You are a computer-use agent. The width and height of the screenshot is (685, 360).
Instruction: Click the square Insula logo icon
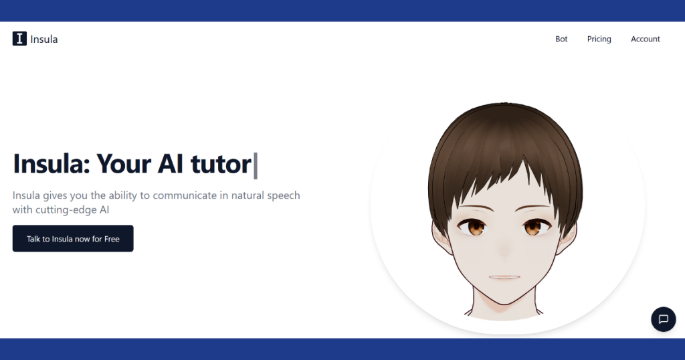[x=19, y=39]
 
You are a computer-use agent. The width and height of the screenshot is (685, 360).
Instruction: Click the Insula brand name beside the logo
[x=44, y=39]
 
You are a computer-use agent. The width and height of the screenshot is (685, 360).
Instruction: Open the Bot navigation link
[x=561, y=39]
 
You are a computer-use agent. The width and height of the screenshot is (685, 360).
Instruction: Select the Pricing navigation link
[x=599, y=39]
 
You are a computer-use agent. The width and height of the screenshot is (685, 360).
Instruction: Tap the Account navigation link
[x=646, y=39]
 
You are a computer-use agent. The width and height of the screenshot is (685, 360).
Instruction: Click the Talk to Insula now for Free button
[x=73, y=238]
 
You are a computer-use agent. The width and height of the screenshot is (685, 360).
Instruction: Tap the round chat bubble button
[x=663, y=319]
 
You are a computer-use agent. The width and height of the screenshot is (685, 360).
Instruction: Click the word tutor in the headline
[x=221, y=164]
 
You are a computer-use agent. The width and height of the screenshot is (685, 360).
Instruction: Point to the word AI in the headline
[x=170, y=164]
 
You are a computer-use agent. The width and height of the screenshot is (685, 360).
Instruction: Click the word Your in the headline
[x=123, y=164]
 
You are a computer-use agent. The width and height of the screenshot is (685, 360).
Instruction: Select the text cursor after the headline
[x=256, y=165]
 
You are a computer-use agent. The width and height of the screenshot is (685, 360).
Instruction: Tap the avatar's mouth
[x=504, y=277]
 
